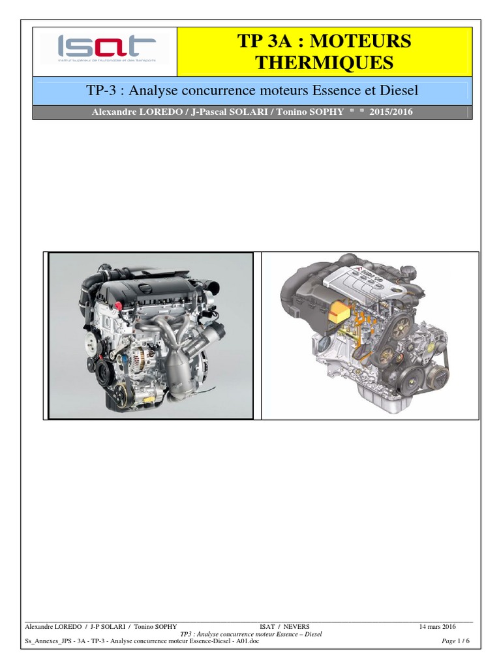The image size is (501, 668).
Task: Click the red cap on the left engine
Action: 119,305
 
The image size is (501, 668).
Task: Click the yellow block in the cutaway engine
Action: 340,312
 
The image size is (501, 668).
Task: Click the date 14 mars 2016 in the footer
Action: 437,626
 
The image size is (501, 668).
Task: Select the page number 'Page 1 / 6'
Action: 455,641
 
